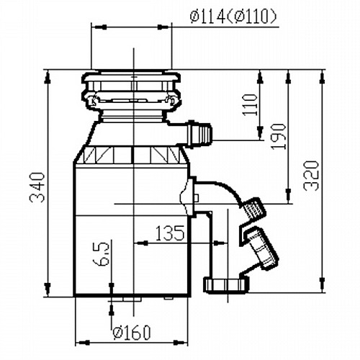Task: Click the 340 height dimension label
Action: click(37, 187)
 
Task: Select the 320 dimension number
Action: click(311, 176)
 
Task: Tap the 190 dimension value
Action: click(279, 137)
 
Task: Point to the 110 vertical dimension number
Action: click(250, 105)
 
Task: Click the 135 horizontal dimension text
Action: click(170, 233)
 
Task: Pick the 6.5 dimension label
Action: click(101, 253)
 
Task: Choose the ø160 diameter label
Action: click(132, 332)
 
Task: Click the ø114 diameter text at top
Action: click(207, 17)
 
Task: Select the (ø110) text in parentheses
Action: click(251, 17)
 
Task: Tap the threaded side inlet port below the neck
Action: click(199, 133)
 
